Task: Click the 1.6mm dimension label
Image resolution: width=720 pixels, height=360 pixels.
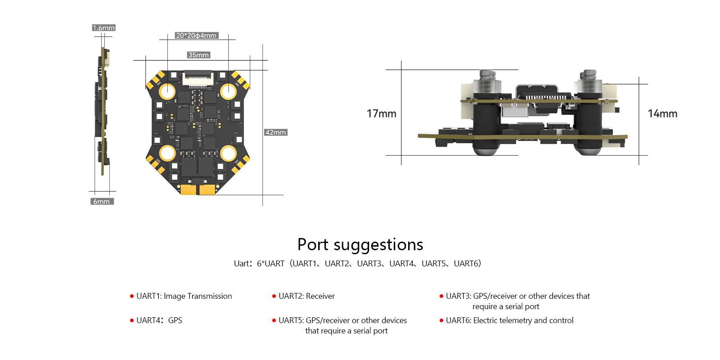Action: tap(103, 28)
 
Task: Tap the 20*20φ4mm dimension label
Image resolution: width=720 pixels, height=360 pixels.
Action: tap(197, 36)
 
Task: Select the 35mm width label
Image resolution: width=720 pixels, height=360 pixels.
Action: tap(198, 55)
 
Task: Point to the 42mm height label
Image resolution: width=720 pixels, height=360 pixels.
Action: tap(275, 132)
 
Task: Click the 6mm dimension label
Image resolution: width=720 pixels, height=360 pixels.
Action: tap(102, 201)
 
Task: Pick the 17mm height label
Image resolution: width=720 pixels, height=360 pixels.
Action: tap(381, 114)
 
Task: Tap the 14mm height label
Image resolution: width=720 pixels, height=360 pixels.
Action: tap(662, 114)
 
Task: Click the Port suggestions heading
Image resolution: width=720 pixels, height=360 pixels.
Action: tap(360, 245)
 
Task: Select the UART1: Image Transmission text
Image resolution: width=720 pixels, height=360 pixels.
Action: tap(184, 296)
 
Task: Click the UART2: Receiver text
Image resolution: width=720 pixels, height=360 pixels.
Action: tap(306, 296)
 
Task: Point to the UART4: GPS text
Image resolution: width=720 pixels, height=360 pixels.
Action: tap(159, 320)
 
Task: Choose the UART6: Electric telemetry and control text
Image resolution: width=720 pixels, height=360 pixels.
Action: tap(509, 320)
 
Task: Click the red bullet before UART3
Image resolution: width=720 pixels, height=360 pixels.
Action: tap(441, 296)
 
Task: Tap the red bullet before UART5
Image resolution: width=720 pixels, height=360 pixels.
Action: tap(274, 320)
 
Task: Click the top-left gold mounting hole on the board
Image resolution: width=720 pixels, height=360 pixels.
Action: tap(167, 91)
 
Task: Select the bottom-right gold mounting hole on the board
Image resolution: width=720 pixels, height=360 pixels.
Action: tap(228, 153)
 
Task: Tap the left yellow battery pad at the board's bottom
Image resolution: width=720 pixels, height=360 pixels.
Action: tap(188, 189)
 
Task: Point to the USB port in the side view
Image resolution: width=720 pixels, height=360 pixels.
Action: tap(536, 94)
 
